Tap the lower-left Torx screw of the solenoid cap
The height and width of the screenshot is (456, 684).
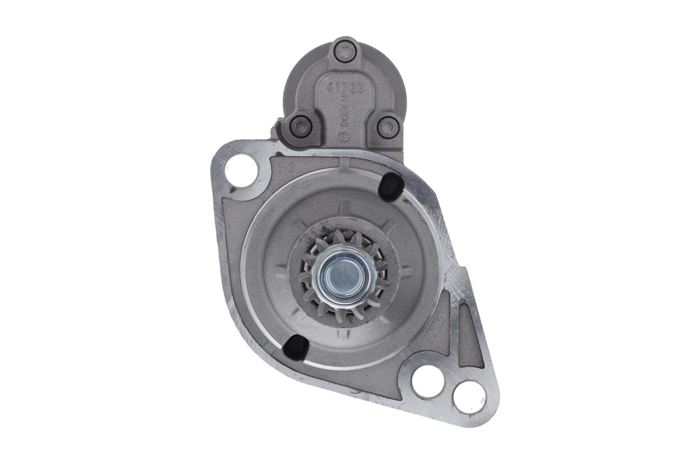[301, 126]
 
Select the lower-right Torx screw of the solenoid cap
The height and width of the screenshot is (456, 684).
[388, 127]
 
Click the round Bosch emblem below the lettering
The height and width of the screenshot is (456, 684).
[343, 136]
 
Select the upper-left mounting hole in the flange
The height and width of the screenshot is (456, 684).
[242, 170]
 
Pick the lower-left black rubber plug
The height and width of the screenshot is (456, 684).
[296, 347]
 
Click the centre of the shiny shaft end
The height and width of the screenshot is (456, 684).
[344, 273]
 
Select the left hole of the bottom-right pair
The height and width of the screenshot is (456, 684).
[427, 381]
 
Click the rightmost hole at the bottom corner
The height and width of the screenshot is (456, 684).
[469, 396]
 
